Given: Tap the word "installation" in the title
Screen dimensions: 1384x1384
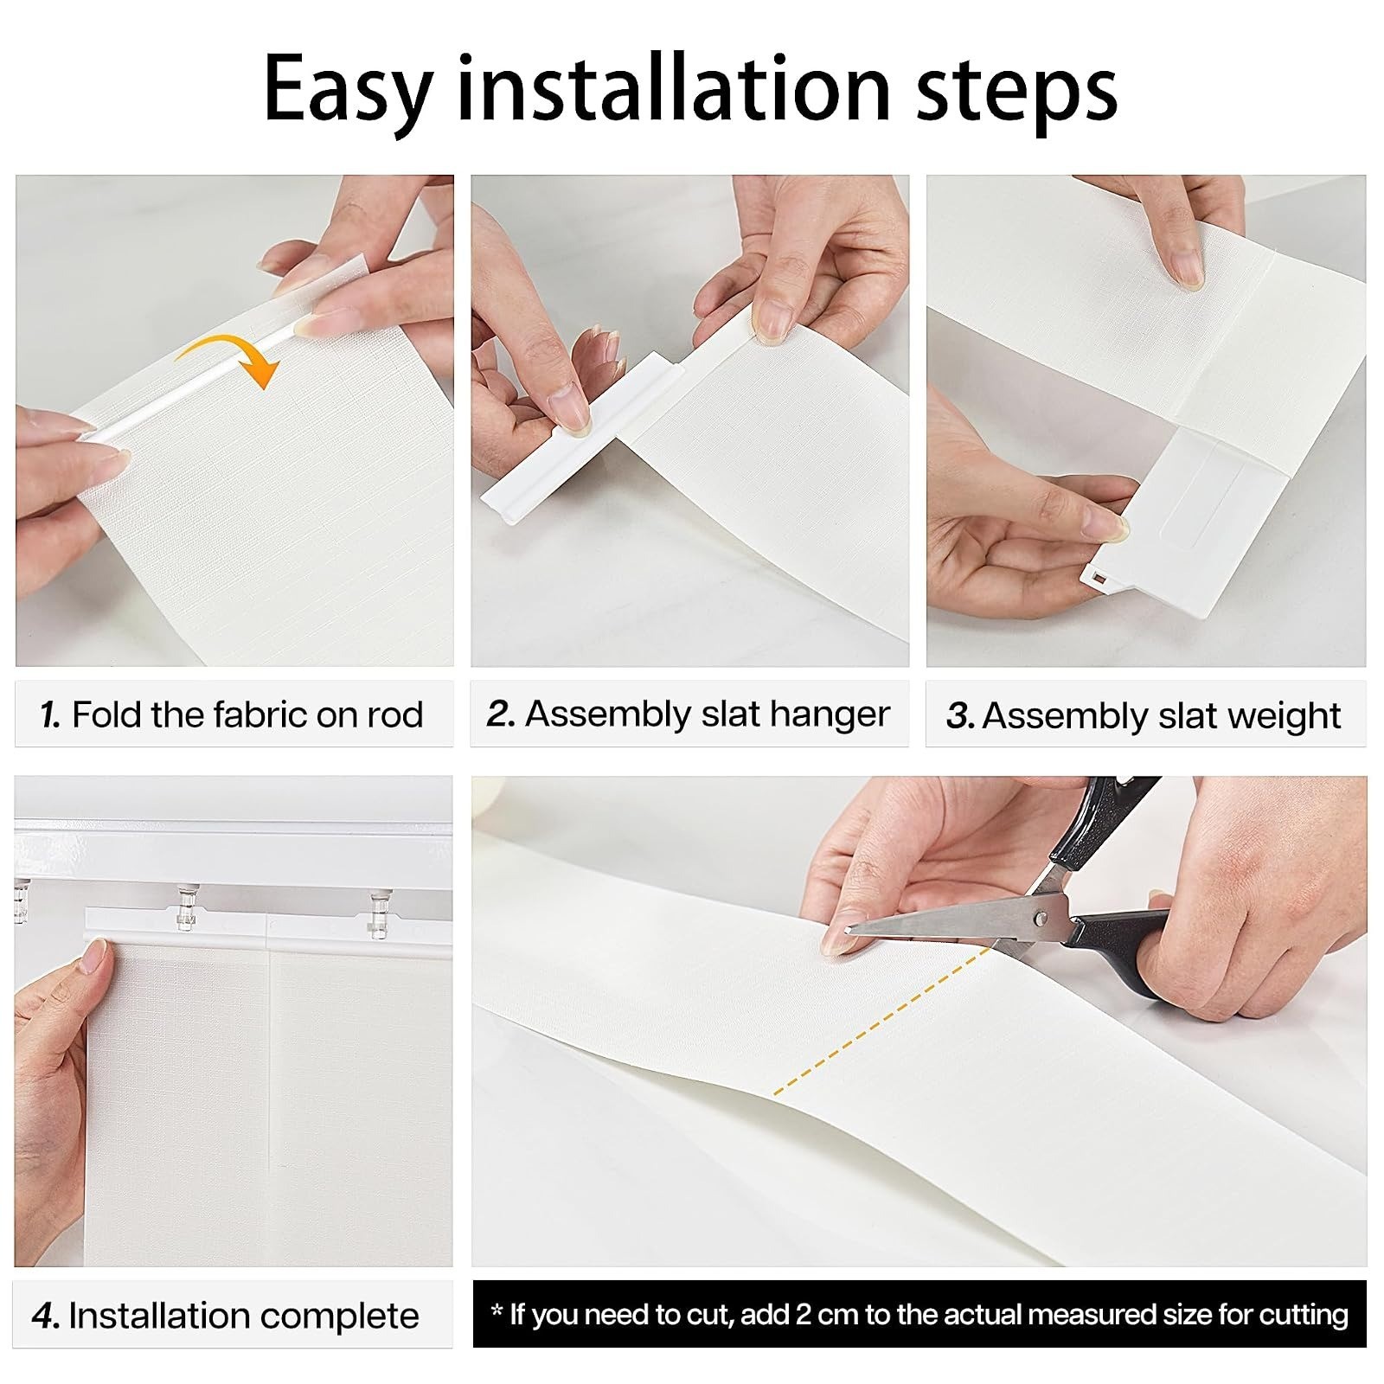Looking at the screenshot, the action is tap(673, 86).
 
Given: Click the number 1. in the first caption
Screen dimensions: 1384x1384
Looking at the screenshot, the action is tap(51, 715).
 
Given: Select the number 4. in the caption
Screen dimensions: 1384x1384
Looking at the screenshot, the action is tap(45, 1316).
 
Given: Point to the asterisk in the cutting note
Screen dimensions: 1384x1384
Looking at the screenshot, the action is tap(497, 1310).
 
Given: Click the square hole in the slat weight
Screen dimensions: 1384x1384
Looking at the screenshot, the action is tap(1097, 577).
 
